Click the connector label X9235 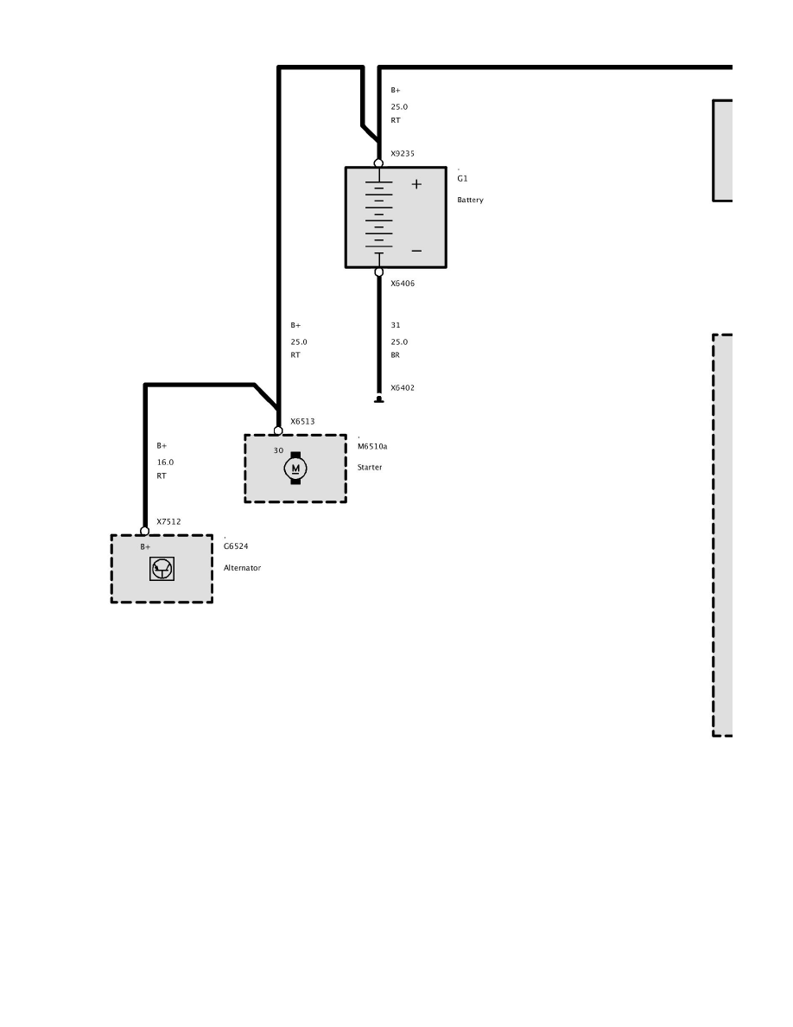(x=403, y=154)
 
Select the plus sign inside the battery (x=416, y=184)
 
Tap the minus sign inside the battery (x=416, y=251)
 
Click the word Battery (x=470, y=200)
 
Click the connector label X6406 (x=403, y=283)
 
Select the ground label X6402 (x=403, y=388)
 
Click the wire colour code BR (x=395, y=354)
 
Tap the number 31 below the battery (x=395, y=326)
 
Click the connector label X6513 (x=302, y=422)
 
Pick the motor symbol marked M (x=295, y=469)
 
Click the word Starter (x=370, y=467)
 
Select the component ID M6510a (x=372, y=447)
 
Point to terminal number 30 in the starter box (x=278, y=450)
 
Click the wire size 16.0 (x=165, y=462)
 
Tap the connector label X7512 (x=168, y=521)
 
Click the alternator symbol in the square (x=162, y=569)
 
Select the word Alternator (x=242, y=568)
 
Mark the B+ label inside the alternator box (x=145, y=547)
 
